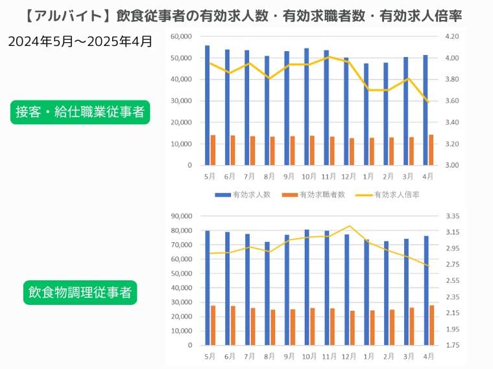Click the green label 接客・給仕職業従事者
click(x=80, y=112)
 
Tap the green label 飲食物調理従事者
click(x=80, y=293)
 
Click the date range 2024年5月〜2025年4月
click(x=80, y=41)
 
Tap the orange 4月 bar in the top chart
click(x=431, y=150)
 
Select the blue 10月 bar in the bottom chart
click(x=307, y=287)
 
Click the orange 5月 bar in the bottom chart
click(x=213, y=325)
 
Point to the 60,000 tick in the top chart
click(x=180, y=37)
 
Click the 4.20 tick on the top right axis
click(x=451, y=37)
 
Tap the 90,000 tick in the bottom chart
click(x=180, y=216)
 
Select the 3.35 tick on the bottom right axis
click(x=451, y=216)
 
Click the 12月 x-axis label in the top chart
click(x=349, y=176)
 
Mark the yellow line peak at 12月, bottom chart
click(x=350, y=226)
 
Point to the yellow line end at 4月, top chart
click(x=427, y=102)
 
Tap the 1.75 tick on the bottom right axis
click(x=451, y=345)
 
